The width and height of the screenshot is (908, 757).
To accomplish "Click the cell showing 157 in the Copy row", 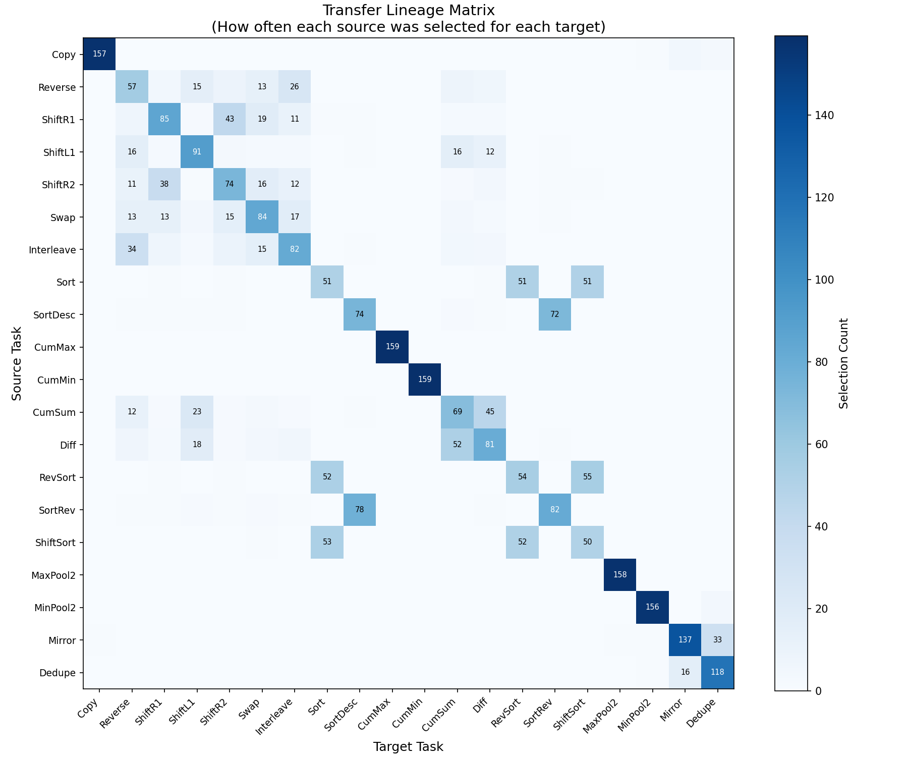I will click(x=99, y=54).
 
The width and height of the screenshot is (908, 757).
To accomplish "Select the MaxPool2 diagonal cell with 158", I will click(x=620, y=575).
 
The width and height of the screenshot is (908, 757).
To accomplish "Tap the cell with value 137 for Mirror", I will click(x=685, y=640).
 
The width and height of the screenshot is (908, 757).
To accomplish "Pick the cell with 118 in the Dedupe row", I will click(x=717, y=672).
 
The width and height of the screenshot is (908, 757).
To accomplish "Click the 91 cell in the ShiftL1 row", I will click(x=197, y=152).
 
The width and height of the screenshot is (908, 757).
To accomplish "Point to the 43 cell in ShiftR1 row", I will click(x=230, y=119).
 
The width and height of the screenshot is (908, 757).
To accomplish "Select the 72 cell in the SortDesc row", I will click(x=554, y=314).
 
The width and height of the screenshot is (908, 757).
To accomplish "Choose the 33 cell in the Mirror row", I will click(x=717, y=640).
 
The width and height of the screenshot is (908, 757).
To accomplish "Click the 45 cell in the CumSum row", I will click(x=489, y=412).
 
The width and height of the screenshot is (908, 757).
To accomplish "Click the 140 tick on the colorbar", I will click(x=823, y=115).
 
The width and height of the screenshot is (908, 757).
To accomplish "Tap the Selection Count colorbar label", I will click(x=843, y=363).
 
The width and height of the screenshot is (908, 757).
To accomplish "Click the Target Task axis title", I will click(x=408, y=747).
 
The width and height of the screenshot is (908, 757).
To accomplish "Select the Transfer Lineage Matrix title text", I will click(x=408, y=10).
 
